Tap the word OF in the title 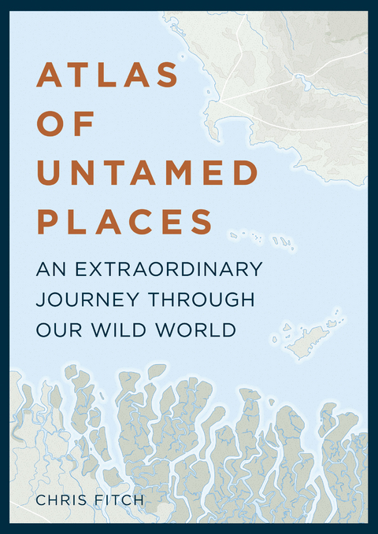coord(66,124)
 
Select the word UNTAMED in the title coord(147,172)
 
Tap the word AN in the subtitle coord(50,269)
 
